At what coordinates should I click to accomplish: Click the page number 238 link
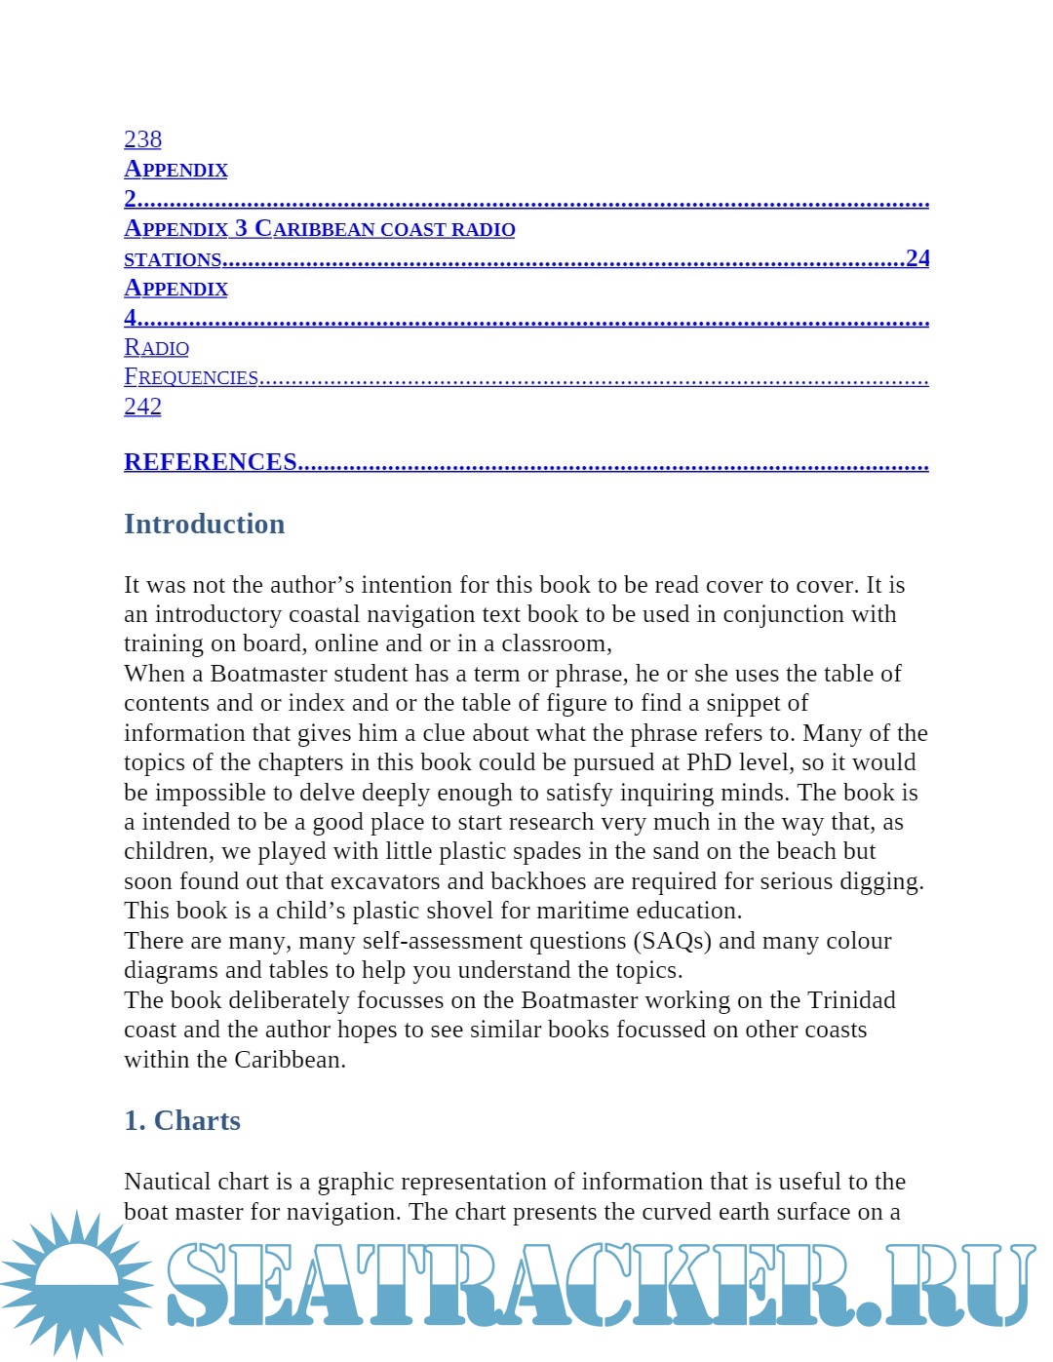[x=142, y=139]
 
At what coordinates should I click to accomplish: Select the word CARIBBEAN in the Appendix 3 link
[x=315, y=229]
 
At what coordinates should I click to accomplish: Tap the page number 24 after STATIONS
[x=917, y=258]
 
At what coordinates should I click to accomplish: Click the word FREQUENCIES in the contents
[x=191, y=377]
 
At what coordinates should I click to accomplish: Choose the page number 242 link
[x=142, y=407]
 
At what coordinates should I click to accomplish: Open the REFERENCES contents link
[x=211, y=462]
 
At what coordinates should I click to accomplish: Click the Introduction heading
[x=204, y=525]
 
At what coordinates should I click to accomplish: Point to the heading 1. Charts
[x=182, y=1121]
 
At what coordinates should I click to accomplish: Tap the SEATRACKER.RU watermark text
[x=599, y=1285]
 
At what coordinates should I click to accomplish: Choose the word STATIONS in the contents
[x=173, y=259]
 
